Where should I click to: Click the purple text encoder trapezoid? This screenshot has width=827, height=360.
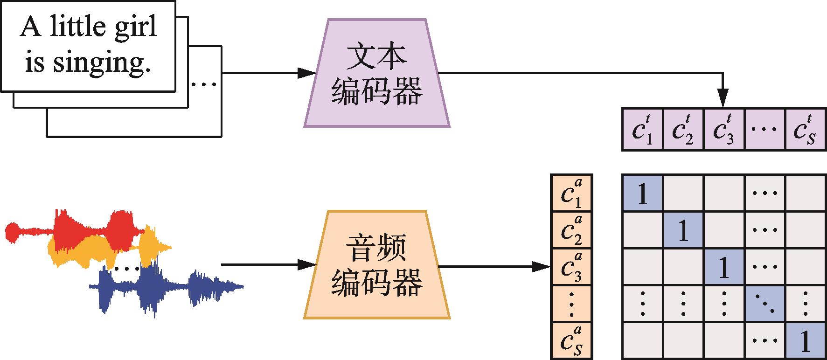tap(377, 73)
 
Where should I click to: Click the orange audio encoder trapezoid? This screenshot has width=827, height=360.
tap(377, 265)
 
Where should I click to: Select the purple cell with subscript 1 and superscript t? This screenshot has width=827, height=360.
tap(642, 129)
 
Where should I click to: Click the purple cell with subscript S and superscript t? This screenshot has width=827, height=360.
tap(806, 129)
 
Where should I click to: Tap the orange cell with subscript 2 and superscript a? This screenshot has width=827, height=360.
tap(571, 229)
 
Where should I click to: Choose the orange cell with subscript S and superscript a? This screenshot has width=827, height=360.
tap(571, 340)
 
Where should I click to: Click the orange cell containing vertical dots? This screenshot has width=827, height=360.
tap(571, 303)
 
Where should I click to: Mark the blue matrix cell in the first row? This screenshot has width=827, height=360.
tap(642, 193)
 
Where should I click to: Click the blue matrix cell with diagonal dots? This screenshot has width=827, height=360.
tap(764, 303)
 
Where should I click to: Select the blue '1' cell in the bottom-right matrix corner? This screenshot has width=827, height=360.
tap(806, 340)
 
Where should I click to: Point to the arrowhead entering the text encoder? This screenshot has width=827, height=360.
tap(308, 73)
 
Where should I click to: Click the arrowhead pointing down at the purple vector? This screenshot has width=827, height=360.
tap(723, 99)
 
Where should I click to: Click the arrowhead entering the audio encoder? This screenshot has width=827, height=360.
tap(308, 265)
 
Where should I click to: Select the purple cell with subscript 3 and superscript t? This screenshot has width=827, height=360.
tap(723, 129)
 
